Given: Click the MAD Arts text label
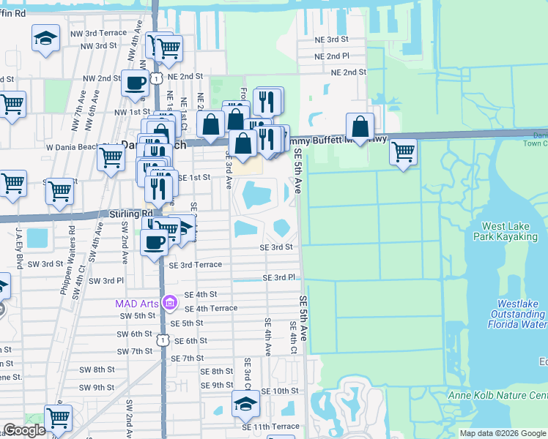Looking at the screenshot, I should pos(137,303).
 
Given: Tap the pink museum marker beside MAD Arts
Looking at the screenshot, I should pos(170,302).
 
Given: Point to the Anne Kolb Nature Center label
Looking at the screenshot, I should pos(497,397).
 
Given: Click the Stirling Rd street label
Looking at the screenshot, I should pos(124,214).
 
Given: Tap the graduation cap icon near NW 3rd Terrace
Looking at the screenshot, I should pos(45,37).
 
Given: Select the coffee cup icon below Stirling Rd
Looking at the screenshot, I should pos(154,241).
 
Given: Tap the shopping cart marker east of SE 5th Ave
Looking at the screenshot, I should pos(402,152).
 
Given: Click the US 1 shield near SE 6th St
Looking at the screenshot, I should pos(162,339).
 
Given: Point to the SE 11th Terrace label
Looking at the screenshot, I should pos(276,427).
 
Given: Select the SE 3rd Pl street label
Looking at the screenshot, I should pos(278,278).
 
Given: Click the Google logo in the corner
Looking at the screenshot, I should pos(24,430).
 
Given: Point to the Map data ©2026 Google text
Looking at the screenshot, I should pos(503,433).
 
